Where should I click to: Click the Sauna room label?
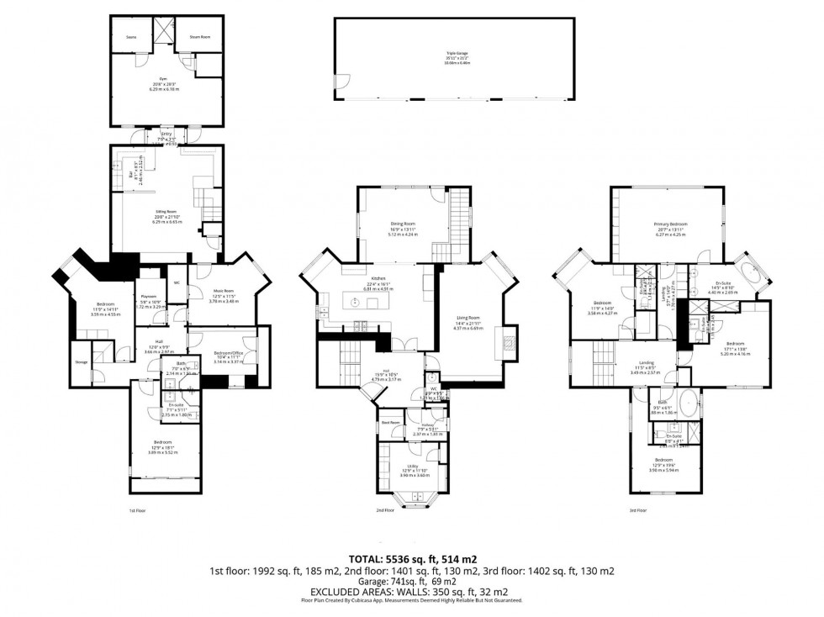point(132,38)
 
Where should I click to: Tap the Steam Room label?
point(199,38)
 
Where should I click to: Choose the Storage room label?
point(81,362)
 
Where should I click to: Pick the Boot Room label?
point(391,422)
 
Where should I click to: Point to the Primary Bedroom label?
point(671,224)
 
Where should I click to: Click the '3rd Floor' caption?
point(637,510)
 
